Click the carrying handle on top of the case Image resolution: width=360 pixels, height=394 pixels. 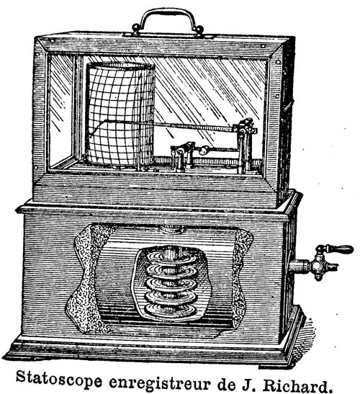(x=167, y=12)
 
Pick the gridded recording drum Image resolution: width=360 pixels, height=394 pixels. (x=120, y=114)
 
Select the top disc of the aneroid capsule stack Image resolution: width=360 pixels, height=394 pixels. (x=172, y=257)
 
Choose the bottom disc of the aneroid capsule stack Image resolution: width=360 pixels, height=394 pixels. (x=171, y=309)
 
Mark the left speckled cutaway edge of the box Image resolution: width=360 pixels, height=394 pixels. (x=86, y=279)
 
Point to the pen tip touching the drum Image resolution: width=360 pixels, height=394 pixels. (x=89, y=136)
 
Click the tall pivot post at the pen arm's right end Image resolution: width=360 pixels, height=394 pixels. (x=243, y=148)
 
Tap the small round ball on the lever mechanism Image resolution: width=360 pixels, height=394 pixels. (x=204, y=150)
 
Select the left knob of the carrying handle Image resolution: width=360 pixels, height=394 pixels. (x=136, y=27)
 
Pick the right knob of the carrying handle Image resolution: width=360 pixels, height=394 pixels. (x=199, y=29)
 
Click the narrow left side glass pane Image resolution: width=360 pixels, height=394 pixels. (x=61, y=110)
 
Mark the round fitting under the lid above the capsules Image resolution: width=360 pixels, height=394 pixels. (x=172, y=229)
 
